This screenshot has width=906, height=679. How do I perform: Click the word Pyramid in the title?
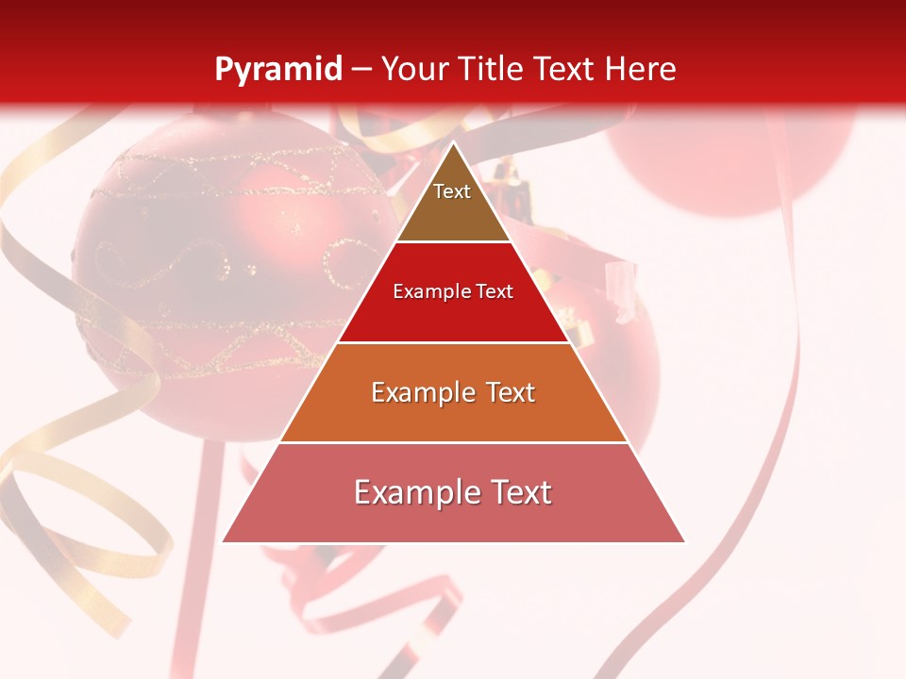pos(277,70)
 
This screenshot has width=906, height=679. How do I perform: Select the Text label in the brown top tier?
pos(452,191)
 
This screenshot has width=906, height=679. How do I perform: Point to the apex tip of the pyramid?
pos(453,142)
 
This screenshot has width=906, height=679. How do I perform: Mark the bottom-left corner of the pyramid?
pos(223,542)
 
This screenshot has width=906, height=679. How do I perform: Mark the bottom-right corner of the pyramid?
pos(684,542)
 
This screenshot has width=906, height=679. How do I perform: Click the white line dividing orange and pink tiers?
pos(453,442)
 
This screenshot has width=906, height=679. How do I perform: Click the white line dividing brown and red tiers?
pos(453,241)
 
